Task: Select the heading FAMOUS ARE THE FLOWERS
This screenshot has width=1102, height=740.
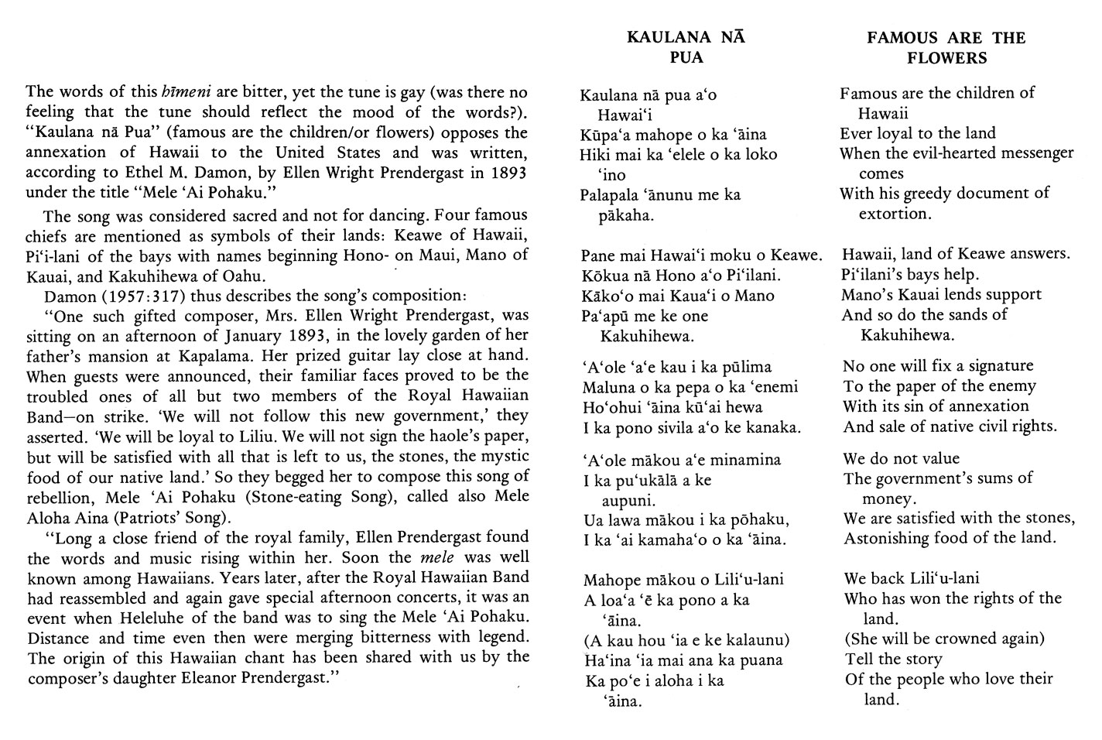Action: pyautogui.click(x=946, y=47)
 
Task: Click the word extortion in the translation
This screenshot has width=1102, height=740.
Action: pyautogui.click(x=894, y=214)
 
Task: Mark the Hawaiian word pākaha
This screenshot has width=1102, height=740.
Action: pyautogui.click(x=628, y=215)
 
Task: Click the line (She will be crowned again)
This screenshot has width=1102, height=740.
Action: pyautogui.click(x=944, y=639)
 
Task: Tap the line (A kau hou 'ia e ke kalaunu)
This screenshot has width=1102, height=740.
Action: pyautogui.click(x=686, y=640)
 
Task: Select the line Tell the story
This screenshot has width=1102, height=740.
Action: pyautogui.click(x=893, y=659)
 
